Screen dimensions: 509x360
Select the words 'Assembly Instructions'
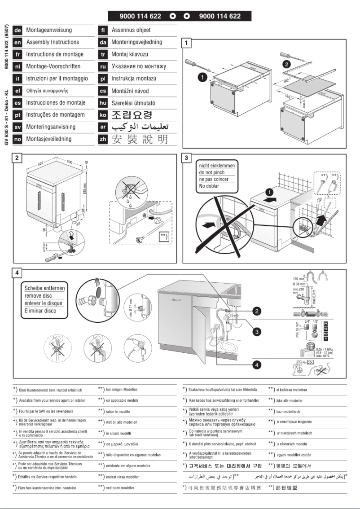click(x=53, y=42)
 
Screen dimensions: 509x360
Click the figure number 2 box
click(x=17, y=158)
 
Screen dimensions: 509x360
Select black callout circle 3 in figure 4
click(x=256, y=332)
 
